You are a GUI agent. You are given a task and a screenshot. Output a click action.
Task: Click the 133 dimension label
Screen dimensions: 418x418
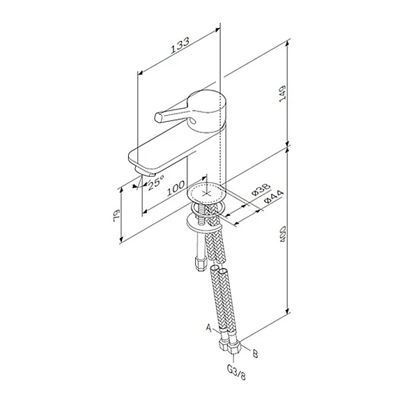180,45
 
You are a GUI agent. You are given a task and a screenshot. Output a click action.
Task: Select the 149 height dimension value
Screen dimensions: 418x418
282,93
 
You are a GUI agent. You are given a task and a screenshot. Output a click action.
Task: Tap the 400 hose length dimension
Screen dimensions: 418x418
282,234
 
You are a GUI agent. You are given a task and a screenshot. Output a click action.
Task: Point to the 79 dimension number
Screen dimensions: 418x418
117,215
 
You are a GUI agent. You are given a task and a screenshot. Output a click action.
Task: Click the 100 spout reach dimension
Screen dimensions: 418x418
176,188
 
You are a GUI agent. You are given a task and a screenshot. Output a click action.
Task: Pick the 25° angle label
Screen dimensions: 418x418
156,182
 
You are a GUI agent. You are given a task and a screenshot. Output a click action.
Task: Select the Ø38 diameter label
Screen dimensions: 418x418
261,189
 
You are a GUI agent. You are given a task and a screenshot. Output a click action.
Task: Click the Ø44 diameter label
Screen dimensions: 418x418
274,197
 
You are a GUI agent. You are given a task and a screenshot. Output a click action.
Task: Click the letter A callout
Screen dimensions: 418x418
209,327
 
